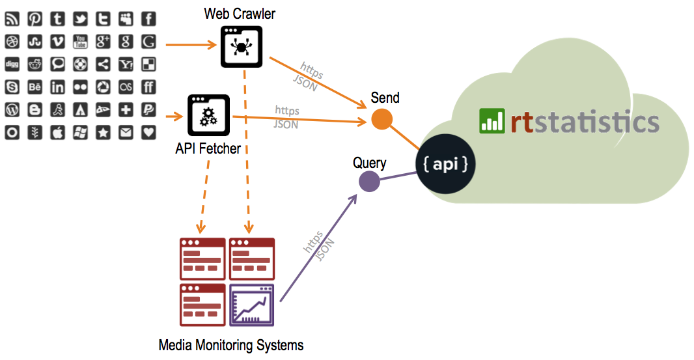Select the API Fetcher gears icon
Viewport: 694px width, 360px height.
pyautogui.click(x=208, y=116)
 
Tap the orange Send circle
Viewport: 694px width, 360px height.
pyautogui.click(x=382, y=120)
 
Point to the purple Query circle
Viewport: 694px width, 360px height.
pyautogui.click(x=369, y=182)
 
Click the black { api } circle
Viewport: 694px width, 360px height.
pyautogui.click(x=446, y=164)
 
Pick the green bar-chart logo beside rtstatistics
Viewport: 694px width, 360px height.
pyautogui.click(x=492, y=121)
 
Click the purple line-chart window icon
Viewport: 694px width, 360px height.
pyautogui.click(x=251, y=305)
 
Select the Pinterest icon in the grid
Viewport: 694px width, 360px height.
pyautogui.click(x=35, y=20)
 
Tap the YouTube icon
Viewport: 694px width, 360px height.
pyautogui.click(x=80, y=42)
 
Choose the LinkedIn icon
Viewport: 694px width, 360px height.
pyautogui.click(x=57, y=87)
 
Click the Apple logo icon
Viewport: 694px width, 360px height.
pyautogui.click(x=57, y=132)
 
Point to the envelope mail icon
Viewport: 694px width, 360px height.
pyautogui.click(x=126, y=132)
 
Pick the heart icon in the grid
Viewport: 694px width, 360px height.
pyautogui.click(x=148, y=132)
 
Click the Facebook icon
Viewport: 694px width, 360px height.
pyautogui.click(x=148, y=20)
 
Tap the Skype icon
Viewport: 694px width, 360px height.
pyautogui.click(x=12, y=87)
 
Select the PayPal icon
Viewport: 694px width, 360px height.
pyautogui.click(x=148, y=110)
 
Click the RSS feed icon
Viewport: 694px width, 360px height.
pyautogui.click(x=12, y=20)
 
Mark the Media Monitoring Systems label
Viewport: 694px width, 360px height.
pyautogui.click(x=230, y=345)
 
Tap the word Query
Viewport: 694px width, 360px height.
pyautogui.click(x=369, y=163)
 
